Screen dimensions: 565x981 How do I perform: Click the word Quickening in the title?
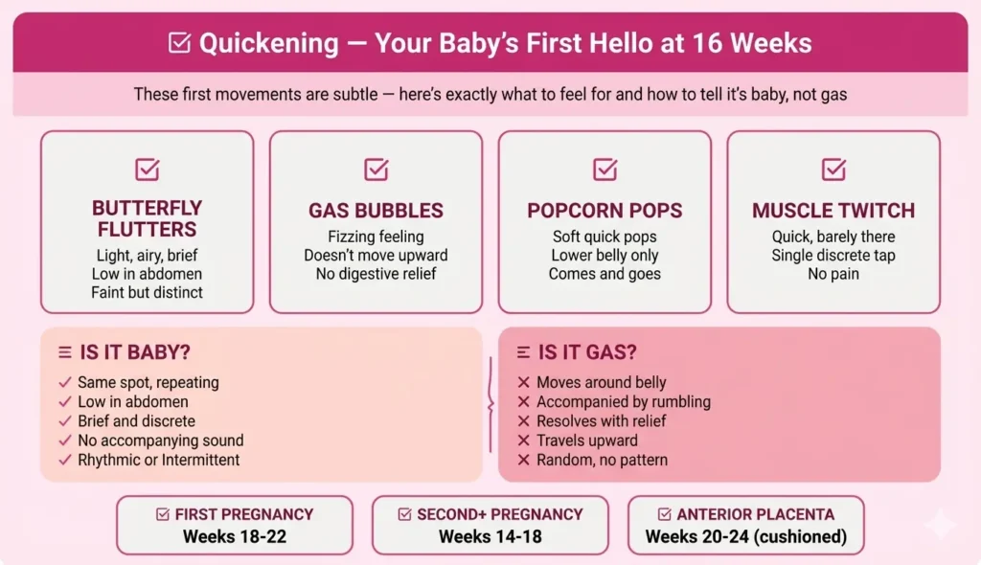pyautogui.click(x=269, y=43)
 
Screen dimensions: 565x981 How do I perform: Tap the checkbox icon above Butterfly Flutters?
pyautogui.click(x=147, y=169)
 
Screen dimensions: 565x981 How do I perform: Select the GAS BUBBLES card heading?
pyautogui.click(x=376, y=211)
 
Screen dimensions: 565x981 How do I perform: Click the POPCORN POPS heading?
pyautogui.click(x=605, y=211)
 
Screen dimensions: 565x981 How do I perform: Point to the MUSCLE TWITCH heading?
pyautogui.click(x=833, y=211)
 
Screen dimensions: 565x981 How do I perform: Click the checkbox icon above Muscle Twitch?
pyautogui.click(x=833, y=169)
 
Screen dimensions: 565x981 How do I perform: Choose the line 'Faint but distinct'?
pyautogui.click(x=147, y=292)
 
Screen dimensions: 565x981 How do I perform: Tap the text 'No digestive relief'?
pyautogui.click(x=376, y=274)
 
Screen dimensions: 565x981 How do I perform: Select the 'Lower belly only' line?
pyautogui.click(x=605, y=256)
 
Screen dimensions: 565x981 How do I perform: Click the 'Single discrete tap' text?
pyautogui.click(x=833, y=256)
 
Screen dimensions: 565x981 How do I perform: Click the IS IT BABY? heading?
pyautogui.click(x=128, y=353)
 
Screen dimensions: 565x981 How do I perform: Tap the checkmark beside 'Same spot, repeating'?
pyautogui.click(x=65, y=383)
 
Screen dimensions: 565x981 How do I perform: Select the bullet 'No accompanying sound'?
pyautogui.click(x=160, y=441)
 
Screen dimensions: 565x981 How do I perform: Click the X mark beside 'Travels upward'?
pyautogui.click(x=524, y=441)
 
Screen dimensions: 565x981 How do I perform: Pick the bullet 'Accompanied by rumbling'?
pyautogui.click(x=623, y=402)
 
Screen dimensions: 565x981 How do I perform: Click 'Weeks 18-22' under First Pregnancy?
pyautogui.click(x=235, y=536)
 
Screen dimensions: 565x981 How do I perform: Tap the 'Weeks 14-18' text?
pyautogui.click(x=490, y=536)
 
